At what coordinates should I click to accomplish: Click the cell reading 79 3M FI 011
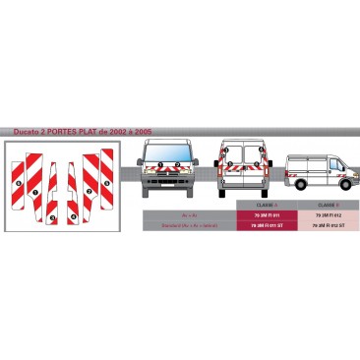click(267, 213)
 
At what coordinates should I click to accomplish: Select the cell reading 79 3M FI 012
click(328, 213)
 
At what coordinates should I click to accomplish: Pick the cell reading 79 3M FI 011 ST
click(267, 224)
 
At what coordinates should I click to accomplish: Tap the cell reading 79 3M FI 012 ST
click(328, 224)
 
